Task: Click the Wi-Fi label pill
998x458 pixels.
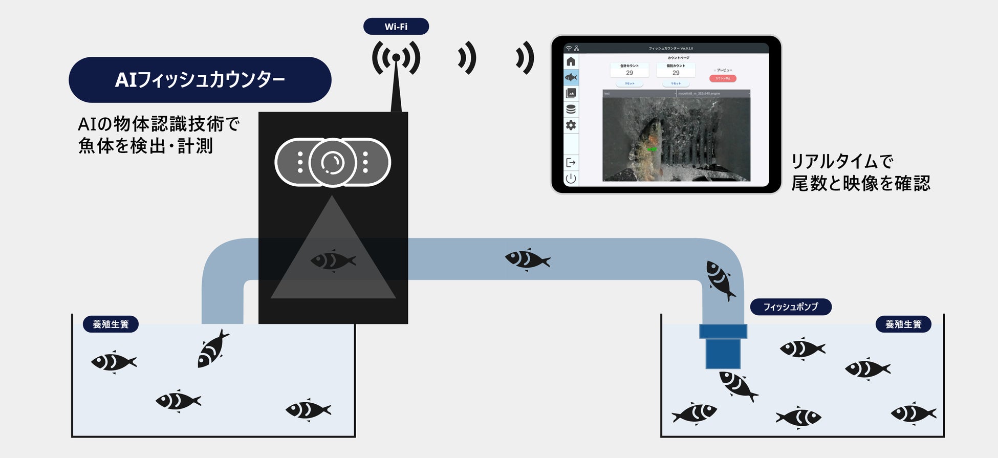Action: [x=396, y=27]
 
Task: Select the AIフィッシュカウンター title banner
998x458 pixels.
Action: [x=200, y=80]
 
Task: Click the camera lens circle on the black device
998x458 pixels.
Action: [x=333, y=163]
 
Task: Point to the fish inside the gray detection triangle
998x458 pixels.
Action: [x=333, y=260]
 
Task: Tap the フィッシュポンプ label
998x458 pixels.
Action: [x=791, y=307]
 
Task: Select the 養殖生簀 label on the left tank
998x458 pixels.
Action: [x=111, y=324]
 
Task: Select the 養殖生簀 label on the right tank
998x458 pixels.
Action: [x=903, y=324]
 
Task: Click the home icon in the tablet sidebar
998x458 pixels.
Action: [x=571, y=61]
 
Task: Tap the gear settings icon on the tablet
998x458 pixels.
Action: [x=571, y=125]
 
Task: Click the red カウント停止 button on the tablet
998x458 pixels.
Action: [x=723, y=78]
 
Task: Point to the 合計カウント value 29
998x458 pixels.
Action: [x=630, y=73]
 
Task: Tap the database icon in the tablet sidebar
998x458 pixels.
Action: [x=571, y=109]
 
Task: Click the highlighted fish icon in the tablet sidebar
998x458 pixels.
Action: [x=571, y=77]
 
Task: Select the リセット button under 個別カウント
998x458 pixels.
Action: [x=676, y=83]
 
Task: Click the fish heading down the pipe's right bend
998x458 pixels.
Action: [x=720, y=279]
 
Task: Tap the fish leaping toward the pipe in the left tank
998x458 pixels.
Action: [x=212, y=348]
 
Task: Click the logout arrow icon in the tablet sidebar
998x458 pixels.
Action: [x=571, y=163]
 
